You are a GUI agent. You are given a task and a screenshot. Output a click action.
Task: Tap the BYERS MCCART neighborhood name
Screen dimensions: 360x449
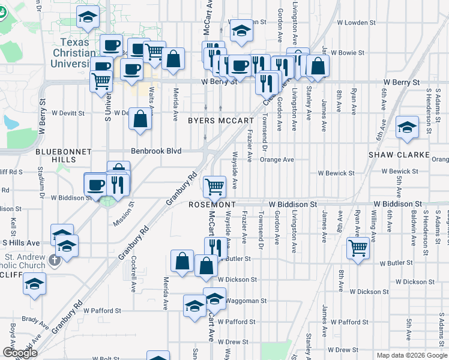(221, 121)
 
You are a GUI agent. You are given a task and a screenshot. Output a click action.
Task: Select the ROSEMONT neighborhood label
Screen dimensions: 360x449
(212, 205)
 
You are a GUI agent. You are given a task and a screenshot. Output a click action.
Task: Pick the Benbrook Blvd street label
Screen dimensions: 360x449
(160, 151)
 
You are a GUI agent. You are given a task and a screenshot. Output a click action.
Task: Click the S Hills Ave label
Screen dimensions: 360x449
(20, 242)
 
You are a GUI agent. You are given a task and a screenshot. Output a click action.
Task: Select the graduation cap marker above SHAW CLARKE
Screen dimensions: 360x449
(407, 127)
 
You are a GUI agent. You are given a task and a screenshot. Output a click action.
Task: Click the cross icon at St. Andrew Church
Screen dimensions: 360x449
(55, 260)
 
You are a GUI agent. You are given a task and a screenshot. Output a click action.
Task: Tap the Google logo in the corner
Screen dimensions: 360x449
(19, 353)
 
